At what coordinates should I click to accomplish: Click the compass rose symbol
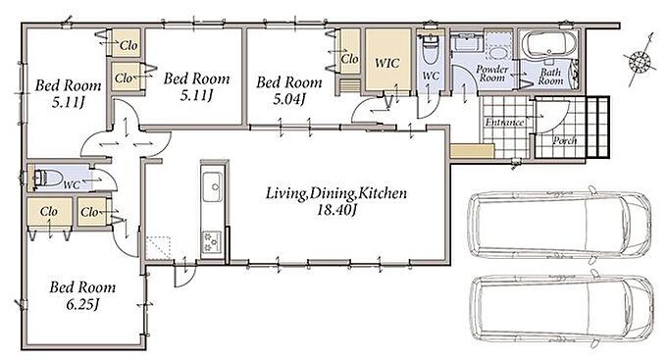point(640,61)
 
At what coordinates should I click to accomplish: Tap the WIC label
point(387,63)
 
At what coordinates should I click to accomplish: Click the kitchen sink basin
point(212,186)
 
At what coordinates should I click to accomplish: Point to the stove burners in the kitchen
point(212,242)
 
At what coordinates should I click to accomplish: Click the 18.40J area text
point(336,210)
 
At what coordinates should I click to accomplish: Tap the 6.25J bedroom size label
point(82,305)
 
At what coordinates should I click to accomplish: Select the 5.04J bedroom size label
point(288,99)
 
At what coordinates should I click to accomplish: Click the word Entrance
point(504,123)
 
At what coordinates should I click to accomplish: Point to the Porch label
point(564,140)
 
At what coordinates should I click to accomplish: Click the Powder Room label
point(492,74)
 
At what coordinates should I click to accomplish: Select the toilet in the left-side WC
point(48,178)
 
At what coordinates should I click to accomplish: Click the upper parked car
point(560,225)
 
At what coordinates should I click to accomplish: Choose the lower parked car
point(561,308)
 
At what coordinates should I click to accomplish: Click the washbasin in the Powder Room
point(497,53)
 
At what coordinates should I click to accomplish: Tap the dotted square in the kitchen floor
point(158,247)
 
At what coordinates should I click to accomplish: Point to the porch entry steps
point(598,128)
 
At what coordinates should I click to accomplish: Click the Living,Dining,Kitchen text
point(336,193)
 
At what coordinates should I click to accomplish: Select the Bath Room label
point(550,77)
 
